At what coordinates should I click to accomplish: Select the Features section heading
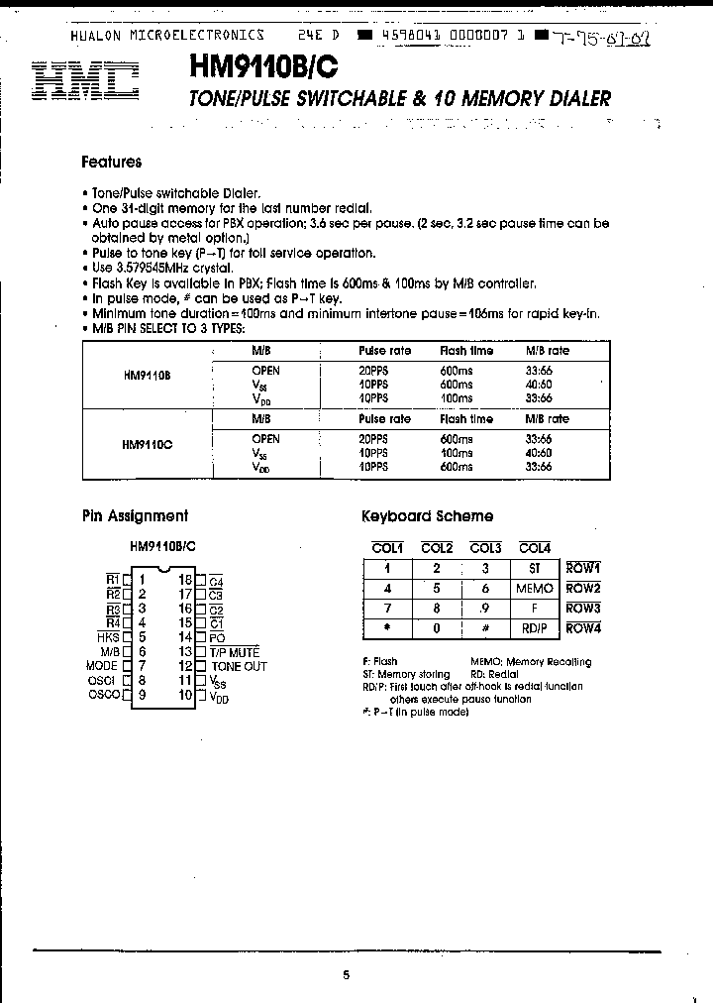tap(111, 162)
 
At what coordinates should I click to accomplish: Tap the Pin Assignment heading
tap(134, 515)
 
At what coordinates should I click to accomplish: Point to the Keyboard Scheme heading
tap(427, 515)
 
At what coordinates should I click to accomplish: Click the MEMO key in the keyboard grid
tap(535, 589)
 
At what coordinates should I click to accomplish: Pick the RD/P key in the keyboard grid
tap(535, 628)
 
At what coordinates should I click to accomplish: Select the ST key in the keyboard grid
tap(535, 569)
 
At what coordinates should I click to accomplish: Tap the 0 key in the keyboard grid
tap(437, 628)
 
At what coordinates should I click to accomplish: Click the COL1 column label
tap(387, 548)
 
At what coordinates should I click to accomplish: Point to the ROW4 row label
tap(583, 628)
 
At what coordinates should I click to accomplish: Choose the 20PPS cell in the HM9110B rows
tap(373, 371)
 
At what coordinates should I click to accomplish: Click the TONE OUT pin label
tap(239, 666)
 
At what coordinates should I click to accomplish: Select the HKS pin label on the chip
tap(109, 637)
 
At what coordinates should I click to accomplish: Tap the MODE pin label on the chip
tap(102, 666)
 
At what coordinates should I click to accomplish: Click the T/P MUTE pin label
tap(234, 652)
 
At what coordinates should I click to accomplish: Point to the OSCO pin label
tap(105, 695)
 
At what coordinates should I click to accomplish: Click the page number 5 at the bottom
tap(347, 974)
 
